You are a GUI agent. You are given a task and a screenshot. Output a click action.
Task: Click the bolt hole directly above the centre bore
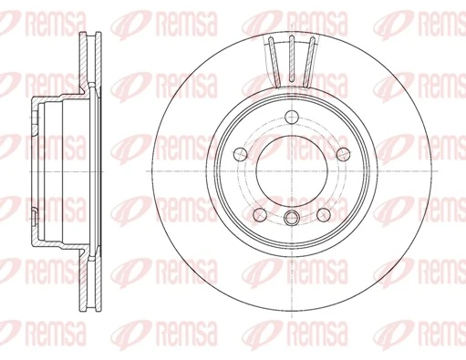(x=290, y=117)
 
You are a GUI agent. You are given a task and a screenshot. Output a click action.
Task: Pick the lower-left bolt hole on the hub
(x=258, y=213)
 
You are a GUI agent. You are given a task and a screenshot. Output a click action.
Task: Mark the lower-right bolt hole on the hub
(x=322, y=213)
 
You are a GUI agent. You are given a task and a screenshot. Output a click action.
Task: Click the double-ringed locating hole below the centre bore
(x=290, y=217)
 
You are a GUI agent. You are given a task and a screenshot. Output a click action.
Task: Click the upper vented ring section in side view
(x=88, y=59)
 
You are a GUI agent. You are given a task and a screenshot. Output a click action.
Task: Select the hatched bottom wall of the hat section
(x=59, y=246)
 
